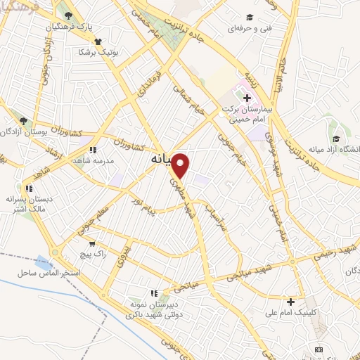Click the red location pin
pyautogui.click(x=181, y=165)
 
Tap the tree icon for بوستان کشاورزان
pyautogui.click(x=24, y=120)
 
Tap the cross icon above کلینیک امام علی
pyautogui.click(x=290, y=301)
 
